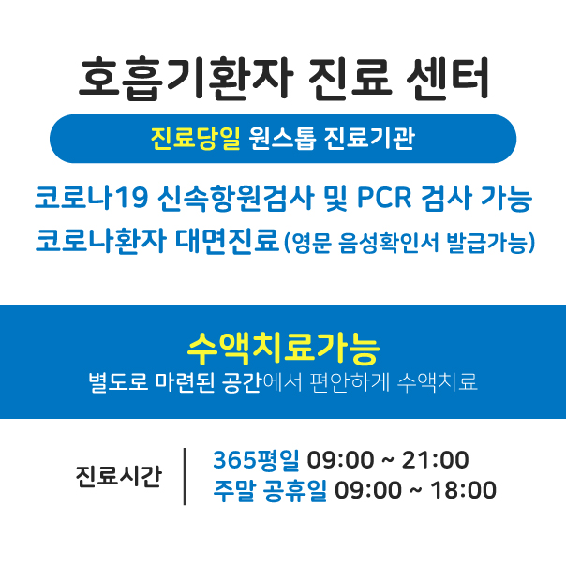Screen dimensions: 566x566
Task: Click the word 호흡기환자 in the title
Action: tap(186, 79)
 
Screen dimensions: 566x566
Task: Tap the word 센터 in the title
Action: tap(447, 79)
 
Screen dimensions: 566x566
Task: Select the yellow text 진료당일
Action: tap(195, 139)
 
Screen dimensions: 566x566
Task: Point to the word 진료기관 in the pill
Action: tap(369, 139)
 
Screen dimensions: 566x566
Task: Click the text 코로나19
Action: tap(92, 198)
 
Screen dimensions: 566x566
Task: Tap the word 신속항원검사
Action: tap(236, 198)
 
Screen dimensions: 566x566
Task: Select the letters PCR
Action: tap(384, 198)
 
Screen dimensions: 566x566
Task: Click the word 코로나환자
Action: tap(101, 241)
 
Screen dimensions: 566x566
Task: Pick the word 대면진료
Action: tap(228, 241)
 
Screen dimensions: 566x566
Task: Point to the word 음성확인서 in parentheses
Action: tap(388, 243)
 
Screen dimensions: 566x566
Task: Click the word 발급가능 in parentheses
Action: tap(487, 243)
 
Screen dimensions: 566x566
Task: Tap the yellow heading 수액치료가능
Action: tap(283, 348)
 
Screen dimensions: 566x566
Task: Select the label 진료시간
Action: tap(118, 476)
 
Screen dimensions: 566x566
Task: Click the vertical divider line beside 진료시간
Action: tap(186, 476)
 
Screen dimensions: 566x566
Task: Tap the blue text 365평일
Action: tap(256, 460)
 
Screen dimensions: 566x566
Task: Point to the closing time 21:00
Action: tap(436, 460)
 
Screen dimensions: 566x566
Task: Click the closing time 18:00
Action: tap(464, 490)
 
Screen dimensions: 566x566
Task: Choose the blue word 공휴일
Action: tap(295, 490)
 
